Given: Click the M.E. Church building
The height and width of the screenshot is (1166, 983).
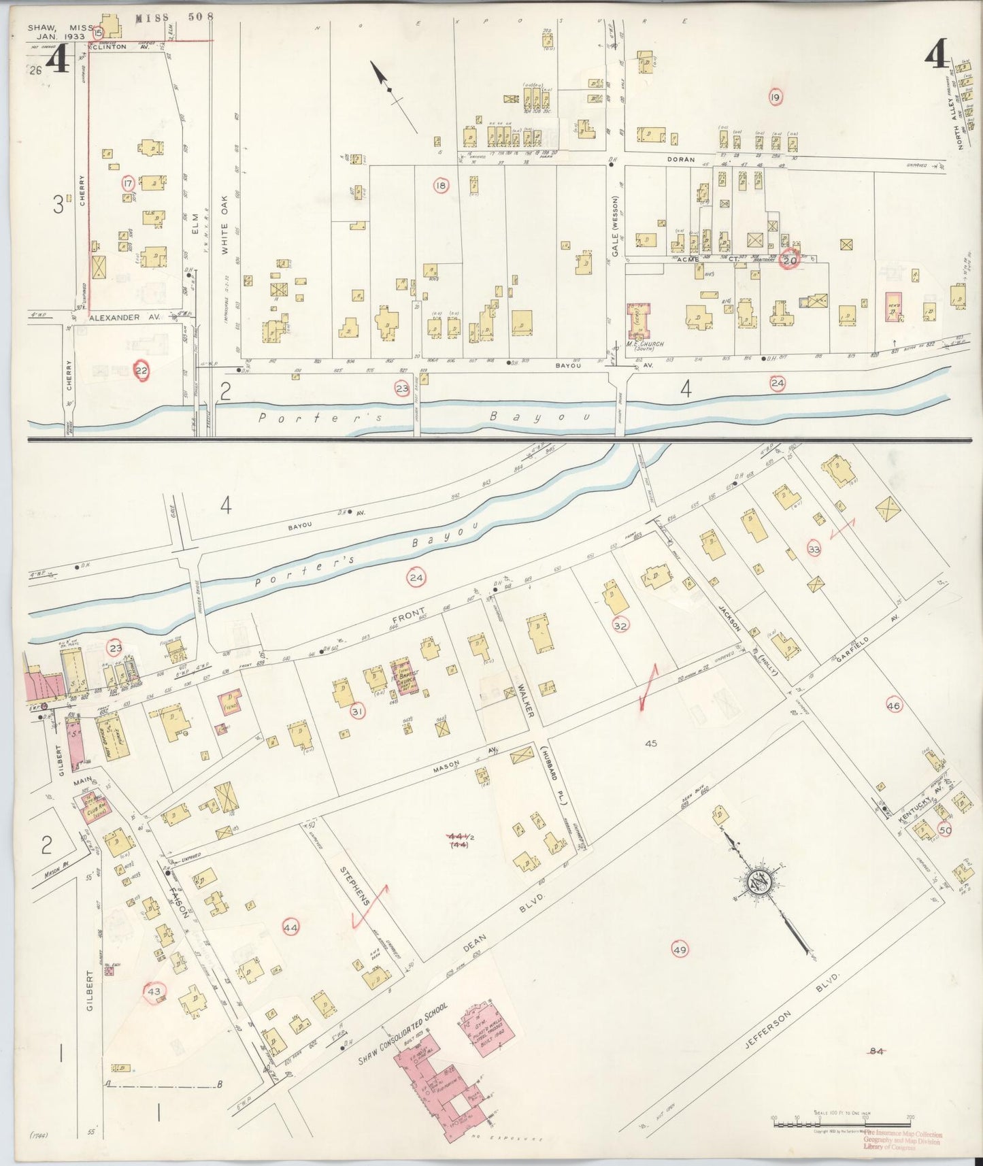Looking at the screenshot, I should click(639, 322).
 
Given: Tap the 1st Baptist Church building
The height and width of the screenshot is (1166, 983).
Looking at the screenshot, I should click(403, 676).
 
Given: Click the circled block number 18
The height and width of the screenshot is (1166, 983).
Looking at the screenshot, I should click(441, 185).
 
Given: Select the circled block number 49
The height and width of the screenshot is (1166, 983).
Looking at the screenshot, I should click(679, 950).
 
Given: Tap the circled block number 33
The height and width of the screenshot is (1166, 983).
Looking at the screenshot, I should click(814, 549).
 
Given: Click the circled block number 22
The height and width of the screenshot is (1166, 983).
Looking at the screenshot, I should click(141, 370).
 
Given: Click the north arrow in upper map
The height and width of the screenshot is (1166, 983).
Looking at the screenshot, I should click(391, 92).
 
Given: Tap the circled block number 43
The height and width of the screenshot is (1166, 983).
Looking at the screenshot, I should click(154, 992).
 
